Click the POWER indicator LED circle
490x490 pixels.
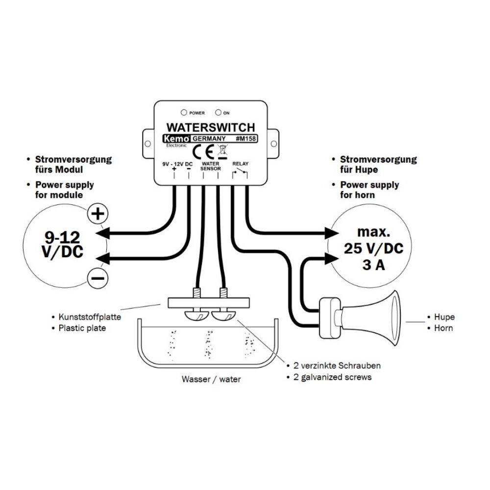[184, 112]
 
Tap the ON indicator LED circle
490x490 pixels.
[218, 112]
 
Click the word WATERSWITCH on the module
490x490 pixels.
[211, 127]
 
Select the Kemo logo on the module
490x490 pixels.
[177, 139]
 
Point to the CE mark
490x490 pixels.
[203, 152]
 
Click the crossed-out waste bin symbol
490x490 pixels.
[222, 151]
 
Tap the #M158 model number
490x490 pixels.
[246, 139]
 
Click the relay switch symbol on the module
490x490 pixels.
[240, 173]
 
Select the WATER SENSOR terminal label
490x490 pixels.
[211, 166]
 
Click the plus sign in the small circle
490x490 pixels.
[98, 214]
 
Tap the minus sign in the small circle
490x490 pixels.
[98, 278]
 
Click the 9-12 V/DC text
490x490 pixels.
[63, 245]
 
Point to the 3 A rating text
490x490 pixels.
[374, 265]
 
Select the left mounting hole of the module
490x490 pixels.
[148, 144]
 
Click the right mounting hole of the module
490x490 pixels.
[274, 144]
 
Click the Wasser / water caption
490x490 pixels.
[211, 379]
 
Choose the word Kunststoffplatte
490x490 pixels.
[90, 317]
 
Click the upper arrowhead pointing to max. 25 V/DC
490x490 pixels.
[332, 233]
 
